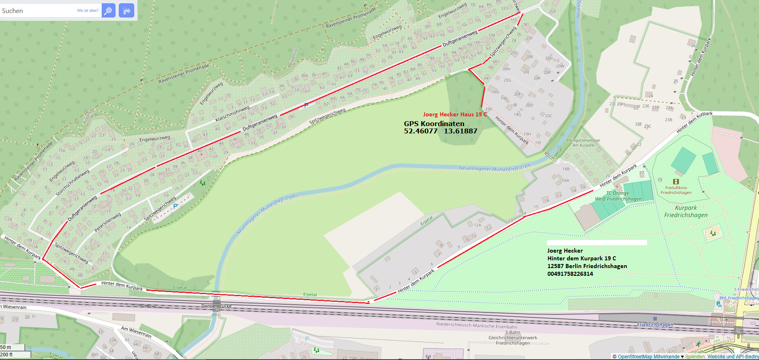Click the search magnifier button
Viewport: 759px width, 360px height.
pos(108,11)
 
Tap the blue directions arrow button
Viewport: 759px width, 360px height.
pos(126,11)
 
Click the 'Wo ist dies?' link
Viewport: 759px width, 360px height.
pos(87,11)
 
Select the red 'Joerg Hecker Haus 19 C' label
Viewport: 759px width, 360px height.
pos(455,114)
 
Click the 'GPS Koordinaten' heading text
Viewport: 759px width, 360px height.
pos(434,124)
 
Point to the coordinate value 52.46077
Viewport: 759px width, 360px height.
pos(421,131)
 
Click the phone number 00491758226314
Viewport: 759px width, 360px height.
pos(570,274)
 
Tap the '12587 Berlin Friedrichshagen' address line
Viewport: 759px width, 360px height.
pos(587,266)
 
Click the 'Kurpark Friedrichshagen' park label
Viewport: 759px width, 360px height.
pos(686,212)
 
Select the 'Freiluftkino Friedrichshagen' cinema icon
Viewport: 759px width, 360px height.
pos(676,182)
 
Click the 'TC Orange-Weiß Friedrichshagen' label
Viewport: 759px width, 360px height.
pos(618,196)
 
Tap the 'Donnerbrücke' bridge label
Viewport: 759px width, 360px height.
pos(216,306)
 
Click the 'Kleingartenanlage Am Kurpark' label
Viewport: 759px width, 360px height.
pos(583,143)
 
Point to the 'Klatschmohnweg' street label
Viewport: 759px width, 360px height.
pos(232,113)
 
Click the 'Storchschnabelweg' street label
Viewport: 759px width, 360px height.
pos(72,183)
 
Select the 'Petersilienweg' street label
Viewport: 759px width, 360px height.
pos(107,222)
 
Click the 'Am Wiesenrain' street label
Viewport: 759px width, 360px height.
pos(136,332)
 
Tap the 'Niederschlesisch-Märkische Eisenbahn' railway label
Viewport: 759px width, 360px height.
pos(477,325)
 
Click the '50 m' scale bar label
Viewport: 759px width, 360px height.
pos(6,347)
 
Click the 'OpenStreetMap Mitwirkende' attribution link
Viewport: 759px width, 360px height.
pos(648,357)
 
